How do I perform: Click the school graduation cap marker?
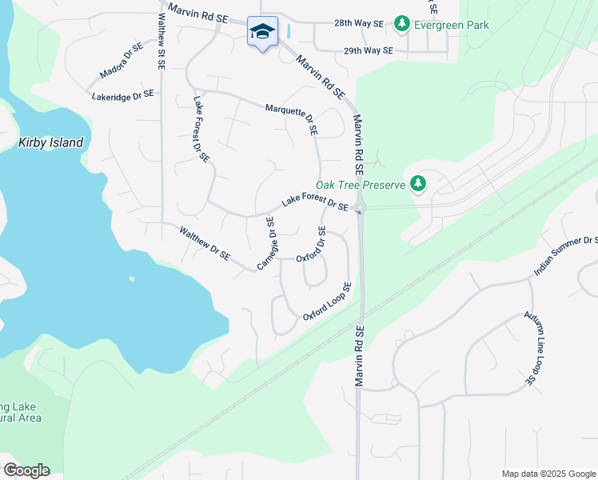(x=262, y=32)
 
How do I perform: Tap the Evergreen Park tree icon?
(x=402, y=25)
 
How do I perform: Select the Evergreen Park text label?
(x=452, y=25)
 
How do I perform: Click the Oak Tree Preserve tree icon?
(x=417, y=185)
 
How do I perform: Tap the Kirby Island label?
(x=50, y=142)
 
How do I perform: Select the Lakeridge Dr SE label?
(x=122, y=95)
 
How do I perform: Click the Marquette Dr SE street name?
(x=292, y=117)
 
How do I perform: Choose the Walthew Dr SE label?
(x=205, y=245)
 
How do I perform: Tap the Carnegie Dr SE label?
(x=266, y=243)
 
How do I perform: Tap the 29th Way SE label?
(x=368, y=50)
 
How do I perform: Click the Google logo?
(x=26, y=470)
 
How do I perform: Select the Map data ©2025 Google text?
(x=548, y=474)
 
